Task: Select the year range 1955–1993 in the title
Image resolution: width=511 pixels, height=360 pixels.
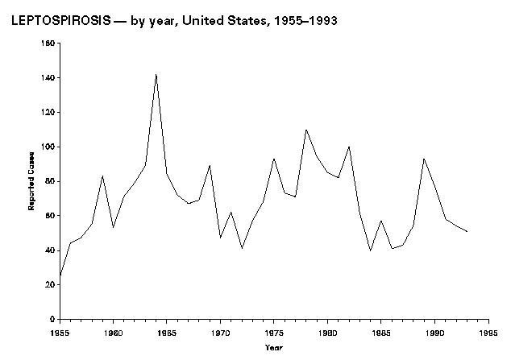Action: coord(304,21)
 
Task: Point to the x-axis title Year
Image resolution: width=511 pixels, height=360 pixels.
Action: coord(274,347)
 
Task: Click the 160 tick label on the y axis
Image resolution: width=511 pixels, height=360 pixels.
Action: coord(49,43)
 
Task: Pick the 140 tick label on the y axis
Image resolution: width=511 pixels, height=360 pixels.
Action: coord(49,78)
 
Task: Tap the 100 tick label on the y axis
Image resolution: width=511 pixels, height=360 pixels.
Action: coord(49,147)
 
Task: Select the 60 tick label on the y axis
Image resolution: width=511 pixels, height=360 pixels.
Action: coord(51,216)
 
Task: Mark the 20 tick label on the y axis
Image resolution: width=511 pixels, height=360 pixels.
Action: coord(51,284)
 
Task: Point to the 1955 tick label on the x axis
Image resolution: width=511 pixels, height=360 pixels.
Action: coord(60,330)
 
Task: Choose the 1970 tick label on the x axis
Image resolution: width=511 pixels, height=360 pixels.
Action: coord(220,330)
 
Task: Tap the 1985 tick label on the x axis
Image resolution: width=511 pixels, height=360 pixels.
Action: coord(381,330)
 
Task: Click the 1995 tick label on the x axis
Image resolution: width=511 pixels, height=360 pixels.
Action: coord(488,330)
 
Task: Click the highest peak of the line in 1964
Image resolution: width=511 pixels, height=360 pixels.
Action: coord(156,74)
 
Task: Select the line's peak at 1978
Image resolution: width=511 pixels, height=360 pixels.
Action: coord(306,130)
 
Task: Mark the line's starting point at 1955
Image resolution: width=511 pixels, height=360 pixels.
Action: coord(60,276)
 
